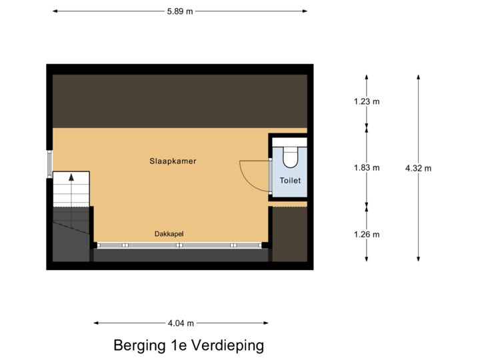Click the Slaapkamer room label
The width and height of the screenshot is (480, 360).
coord(173,161)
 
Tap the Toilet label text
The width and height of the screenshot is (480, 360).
coord(290,181)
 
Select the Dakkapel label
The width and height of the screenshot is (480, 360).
coord(169,234)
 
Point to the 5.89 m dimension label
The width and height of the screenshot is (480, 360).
coord(180,11)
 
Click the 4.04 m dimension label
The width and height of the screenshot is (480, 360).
coord(181,323)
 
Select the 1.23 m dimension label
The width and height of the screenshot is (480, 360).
coord(366,102)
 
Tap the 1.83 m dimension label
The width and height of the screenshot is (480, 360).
coord(366,168)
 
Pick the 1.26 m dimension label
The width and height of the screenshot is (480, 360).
coord(366,234)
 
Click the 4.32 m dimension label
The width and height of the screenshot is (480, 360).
coord(419,169)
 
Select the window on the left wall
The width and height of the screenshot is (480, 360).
coord(49,164)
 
